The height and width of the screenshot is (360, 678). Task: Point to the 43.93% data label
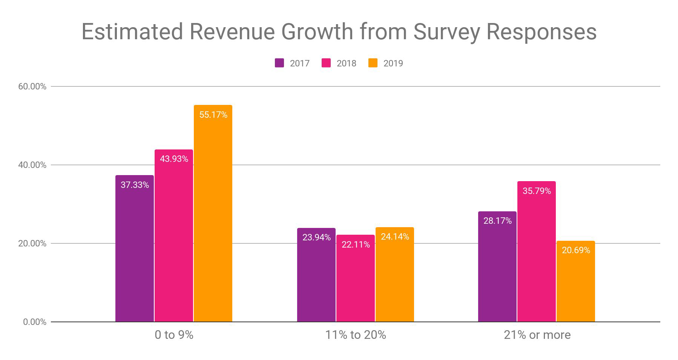tap(174, 159)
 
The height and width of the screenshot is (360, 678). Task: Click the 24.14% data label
tap(395, 237)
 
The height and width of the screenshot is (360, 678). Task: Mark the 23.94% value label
tap(316, 237)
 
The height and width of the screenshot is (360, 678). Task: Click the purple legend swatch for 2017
tap(279, 63)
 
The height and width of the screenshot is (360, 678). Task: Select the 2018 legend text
tap(346, 63)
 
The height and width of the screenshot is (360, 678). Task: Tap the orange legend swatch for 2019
tap(373, 63)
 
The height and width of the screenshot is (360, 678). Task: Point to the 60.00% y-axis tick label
tap(32, 86)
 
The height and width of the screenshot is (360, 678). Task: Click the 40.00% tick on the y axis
tap(32, 165)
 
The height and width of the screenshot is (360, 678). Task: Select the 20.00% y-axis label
tap(32, 243)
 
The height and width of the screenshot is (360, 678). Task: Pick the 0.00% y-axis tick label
tap(35, 322)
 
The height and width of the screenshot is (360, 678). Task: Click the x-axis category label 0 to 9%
tap(174, 335)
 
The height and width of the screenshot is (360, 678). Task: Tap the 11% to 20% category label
tap(356, 335)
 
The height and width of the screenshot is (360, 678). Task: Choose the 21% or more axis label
tap(537, 335)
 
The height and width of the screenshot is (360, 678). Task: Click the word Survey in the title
tap(446, 31)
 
